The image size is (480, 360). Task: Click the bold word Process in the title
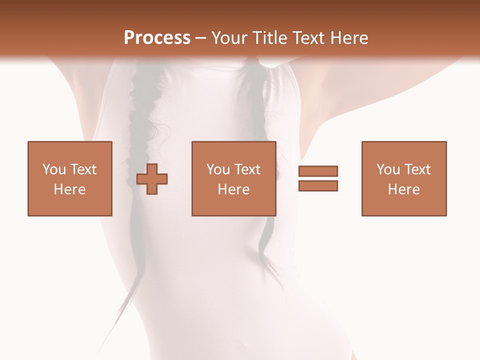coord(157,38)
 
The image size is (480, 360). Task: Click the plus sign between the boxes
coord(152,178)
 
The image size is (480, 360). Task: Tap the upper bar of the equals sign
coord(318,171)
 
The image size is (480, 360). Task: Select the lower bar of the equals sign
coord(318,185)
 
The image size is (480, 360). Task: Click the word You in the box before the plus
coord(54,169)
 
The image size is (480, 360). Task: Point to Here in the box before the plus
coord(70,189)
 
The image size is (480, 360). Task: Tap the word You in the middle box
coord(218,169)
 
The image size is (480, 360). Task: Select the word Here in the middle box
coord(234,189)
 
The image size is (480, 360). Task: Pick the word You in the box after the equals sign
coord(388,169)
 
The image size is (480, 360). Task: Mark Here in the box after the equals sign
coord(404,189)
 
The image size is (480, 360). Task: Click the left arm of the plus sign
coord(142,178)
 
